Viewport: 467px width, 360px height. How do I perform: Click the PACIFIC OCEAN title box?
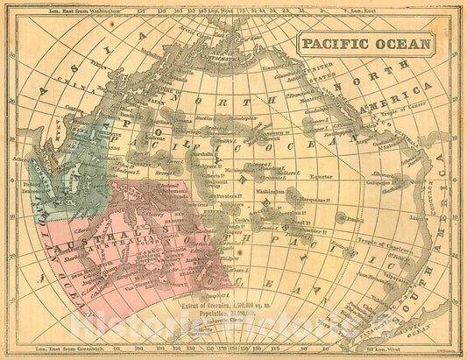point(365,43)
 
